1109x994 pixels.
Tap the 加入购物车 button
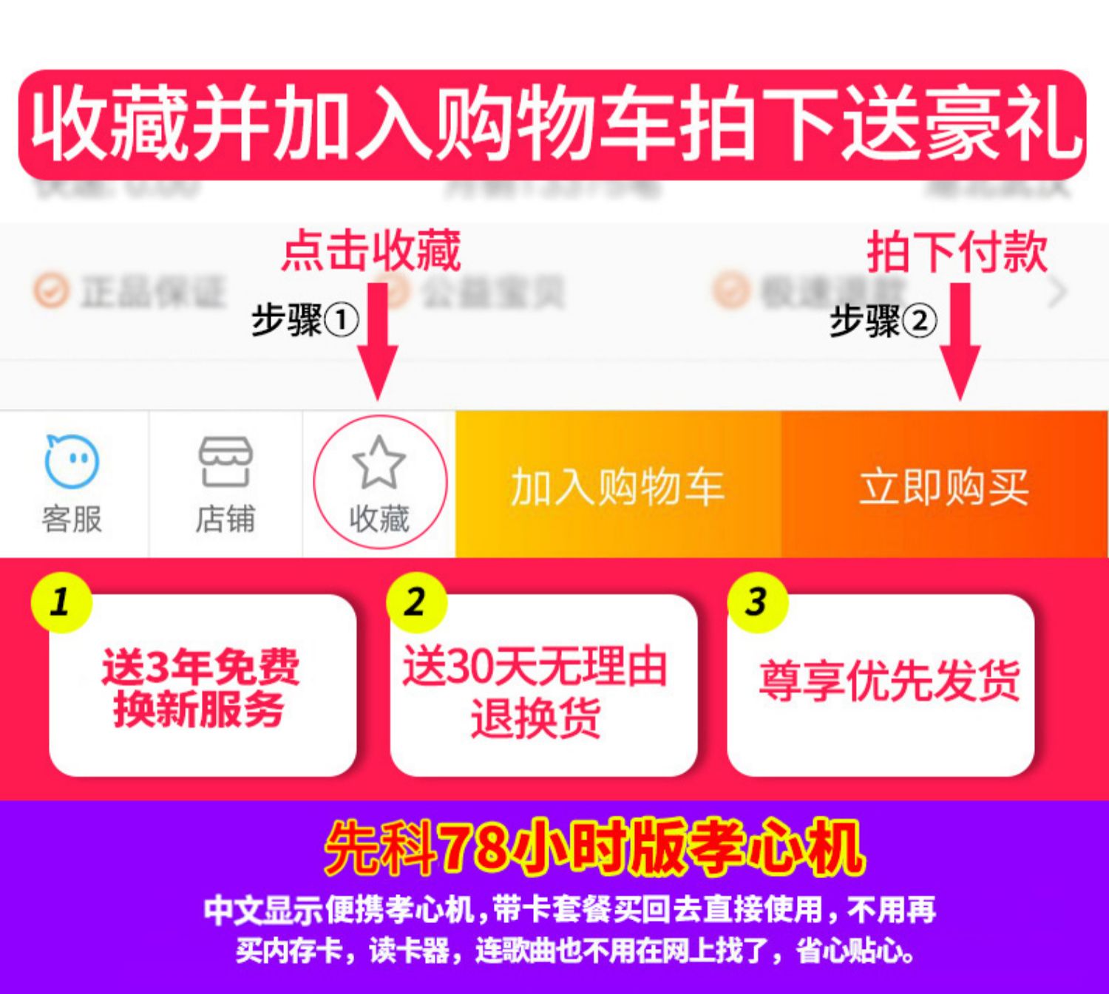click(x=617, y=486)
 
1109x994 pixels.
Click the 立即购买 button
click(x=944, y=486)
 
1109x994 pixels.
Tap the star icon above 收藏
click(x=379, y=463)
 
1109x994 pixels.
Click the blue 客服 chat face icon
click(x=72, y=460)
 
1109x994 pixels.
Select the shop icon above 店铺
click(x=225, y=461)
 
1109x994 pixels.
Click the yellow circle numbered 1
click(x=61, y=602)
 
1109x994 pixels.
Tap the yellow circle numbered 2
click(x=416, y=602)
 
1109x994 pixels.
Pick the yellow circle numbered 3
click(x=756, y=602)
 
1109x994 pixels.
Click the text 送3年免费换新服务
click(x=200, y=687)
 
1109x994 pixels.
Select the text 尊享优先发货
click(x=889, y=680)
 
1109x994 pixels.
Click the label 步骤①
click(x=305, y=321)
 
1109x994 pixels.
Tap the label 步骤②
click(x=883, y=321)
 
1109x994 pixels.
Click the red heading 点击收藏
click(x=371, y=251)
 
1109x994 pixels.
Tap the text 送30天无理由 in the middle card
click(x=535, y=667)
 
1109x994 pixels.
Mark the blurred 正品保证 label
click(x=152, y=290)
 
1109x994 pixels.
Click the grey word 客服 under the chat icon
click(x=72, y=519)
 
